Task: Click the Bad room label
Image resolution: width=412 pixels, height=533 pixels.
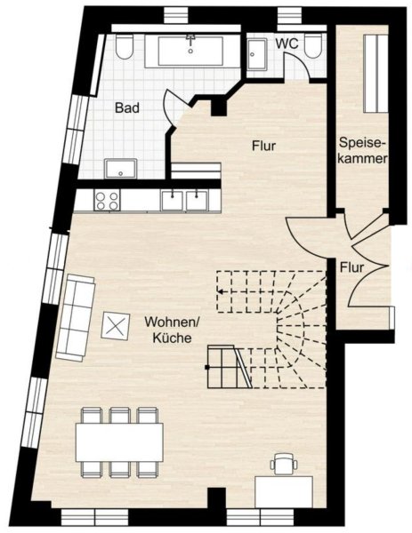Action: (x=127, y=107)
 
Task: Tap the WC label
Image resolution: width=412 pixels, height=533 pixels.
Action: (x=287, y=44)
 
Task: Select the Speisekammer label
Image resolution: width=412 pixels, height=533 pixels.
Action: (x=363, y=150)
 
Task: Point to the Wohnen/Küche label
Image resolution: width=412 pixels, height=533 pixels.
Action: (x=172, y=330)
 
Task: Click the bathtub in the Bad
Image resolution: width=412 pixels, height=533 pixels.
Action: (x=190, y=51)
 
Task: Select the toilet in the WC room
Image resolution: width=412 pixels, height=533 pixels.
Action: (x=313, y=45)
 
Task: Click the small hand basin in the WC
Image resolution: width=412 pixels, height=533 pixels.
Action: (x=257, y=54)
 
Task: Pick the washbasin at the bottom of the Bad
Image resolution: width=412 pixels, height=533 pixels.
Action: (x=120, y=168)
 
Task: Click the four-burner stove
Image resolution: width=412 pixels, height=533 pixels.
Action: (x=108, y=200)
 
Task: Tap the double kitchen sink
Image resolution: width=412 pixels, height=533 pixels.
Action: (x=184, y=200)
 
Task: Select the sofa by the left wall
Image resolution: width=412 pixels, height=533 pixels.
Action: (x=76, y=318)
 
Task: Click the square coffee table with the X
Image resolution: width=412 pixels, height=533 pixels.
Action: (x=116, y=326)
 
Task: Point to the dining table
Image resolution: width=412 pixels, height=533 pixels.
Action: (x=119, y=442)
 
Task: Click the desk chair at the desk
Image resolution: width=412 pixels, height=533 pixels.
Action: (x=284, y=464)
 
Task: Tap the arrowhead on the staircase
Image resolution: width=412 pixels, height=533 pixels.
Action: (x=221, y=291)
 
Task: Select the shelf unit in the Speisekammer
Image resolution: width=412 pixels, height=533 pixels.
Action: (x=376, y=74)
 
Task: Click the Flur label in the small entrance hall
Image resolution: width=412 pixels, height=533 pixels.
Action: (x=351, y=267)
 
